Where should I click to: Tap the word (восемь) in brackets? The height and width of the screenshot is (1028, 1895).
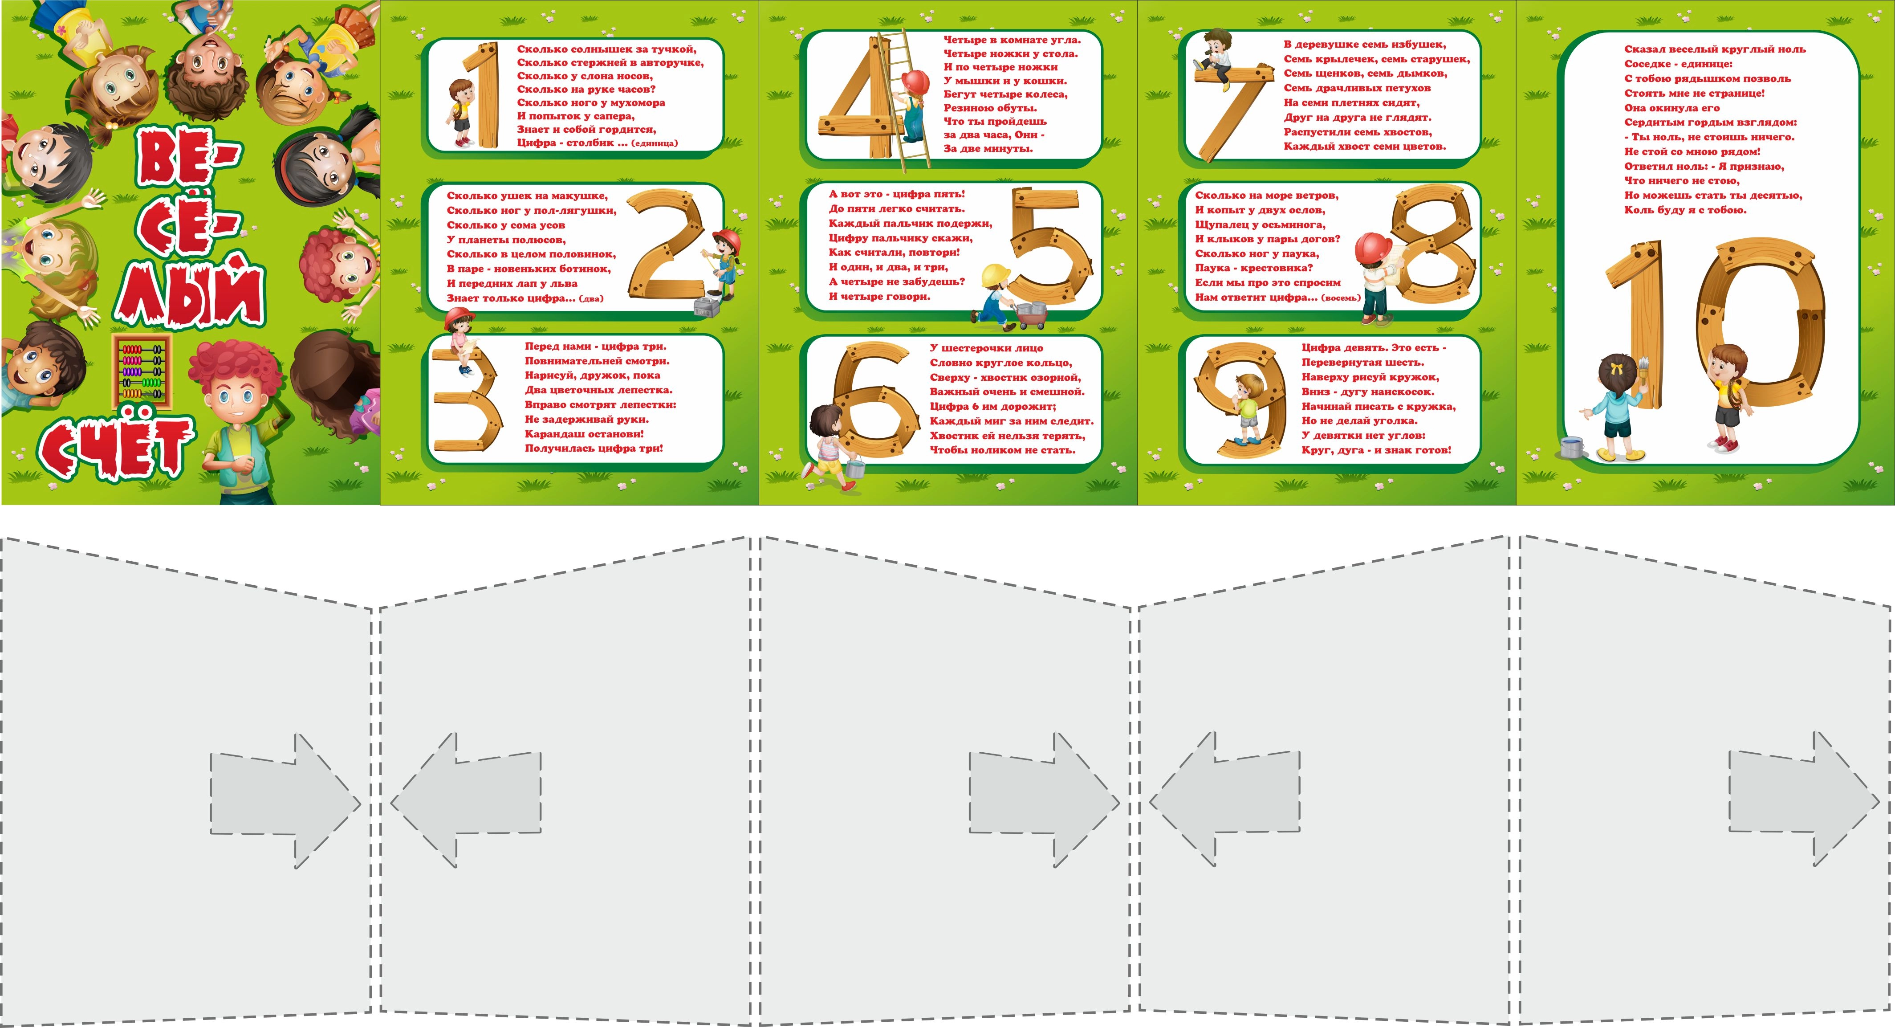(1340, 298)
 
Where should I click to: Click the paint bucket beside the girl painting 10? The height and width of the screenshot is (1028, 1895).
(1572, 447)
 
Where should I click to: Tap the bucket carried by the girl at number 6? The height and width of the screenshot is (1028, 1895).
(855, 467)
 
